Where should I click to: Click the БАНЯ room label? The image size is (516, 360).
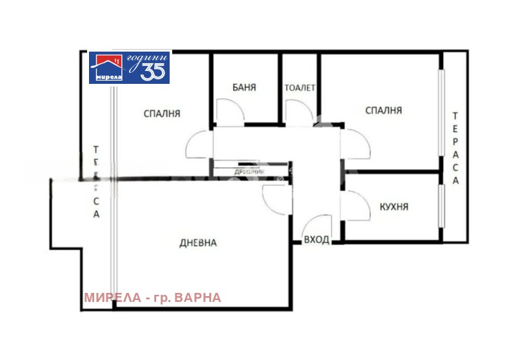point(246,88)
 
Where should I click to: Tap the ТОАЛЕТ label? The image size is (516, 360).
point(300,88)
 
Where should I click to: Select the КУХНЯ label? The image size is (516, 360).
point(394,207)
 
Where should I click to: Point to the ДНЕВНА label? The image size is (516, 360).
point(197,243)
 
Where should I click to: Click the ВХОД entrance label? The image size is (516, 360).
point(317,240)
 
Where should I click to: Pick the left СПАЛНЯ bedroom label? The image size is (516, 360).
point(162,114)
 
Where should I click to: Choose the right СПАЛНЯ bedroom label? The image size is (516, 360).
point(384,110)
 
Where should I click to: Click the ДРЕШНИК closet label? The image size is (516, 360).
point(248,172)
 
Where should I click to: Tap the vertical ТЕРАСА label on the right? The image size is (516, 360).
point(455,148)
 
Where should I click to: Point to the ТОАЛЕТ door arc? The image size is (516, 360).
point(299,112)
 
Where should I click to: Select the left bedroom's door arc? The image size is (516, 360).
point(197,145)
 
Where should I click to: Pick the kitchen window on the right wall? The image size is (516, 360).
point(442,206)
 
